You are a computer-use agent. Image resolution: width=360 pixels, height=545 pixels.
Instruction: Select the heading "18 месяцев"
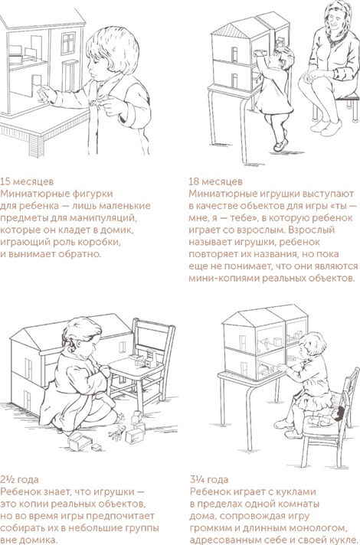(215, 181)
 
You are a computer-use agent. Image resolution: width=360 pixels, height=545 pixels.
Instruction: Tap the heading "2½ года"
(21, 477)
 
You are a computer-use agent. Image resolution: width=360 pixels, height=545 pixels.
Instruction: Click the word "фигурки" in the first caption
(101, 194)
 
